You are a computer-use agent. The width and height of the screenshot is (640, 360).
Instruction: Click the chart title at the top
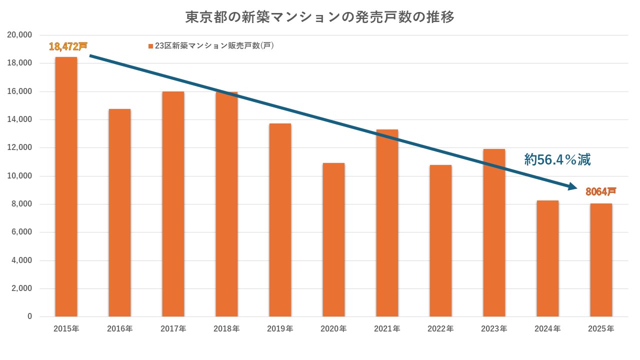pyautogui.click(x=320, y=17)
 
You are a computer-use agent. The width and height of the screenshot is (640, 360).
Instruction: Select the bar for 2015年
pyautogui.click(x=66, y=187)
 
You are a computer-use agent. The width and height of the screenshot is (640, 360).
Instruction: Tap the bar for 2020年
pyautogui.click(x=333, y=240)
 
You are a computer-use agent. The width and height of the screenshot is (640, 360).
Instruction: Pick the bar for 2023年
pyautogui.click(x=494, y=232)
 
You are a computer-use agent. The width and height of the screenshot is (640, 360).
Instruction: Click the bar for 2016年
pyautogui.click(x=119, y=212)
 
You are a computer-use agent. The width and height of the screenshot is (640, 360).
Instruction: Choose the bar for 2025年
pyautogui.click(x=601, y=260)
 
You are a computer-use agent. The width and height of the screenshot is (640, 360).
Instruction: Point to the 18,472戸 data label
pyautogui.click(x=68, y=46)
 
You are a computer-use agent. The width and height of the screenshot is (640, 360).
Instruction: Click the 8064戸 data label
pyautogui.click(x=600, y=191)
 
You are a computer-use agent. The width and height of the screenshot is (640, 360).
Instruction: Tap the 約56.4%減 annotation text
pyautogui.click(x=557, y=160)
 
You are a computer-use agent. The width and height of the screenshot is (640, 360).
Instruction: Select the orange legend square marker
pyautogui.click(x=150, y=46)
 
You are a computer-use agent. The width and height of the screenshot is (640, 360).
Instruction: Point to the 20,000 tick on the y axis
pyautogui.click(x=20, y=35)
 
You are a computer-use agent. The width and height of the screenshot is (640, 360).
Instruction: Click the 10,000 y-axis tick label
pyautogui.click(x=20, y=176)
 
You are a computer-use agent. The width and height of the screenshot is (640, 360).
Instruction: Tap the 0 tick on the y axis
pyautogui.click(x=29, y=316)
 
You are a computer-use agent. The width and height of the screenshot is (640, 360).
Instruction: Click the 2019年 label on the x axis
pyautogui.click(x=280, y=329)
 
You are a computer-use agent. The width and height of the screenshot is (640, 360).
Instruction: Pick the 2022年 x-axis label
pyautogui.click(x=440, y=329)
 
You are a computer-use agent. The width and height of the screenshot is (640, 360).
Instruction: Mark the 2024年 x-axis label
pyautogui.click(x=547, y=329)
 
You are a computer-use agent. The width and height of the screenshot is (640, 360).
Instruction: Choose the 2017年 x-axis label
pyautogui.click(x=173, y=329)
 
